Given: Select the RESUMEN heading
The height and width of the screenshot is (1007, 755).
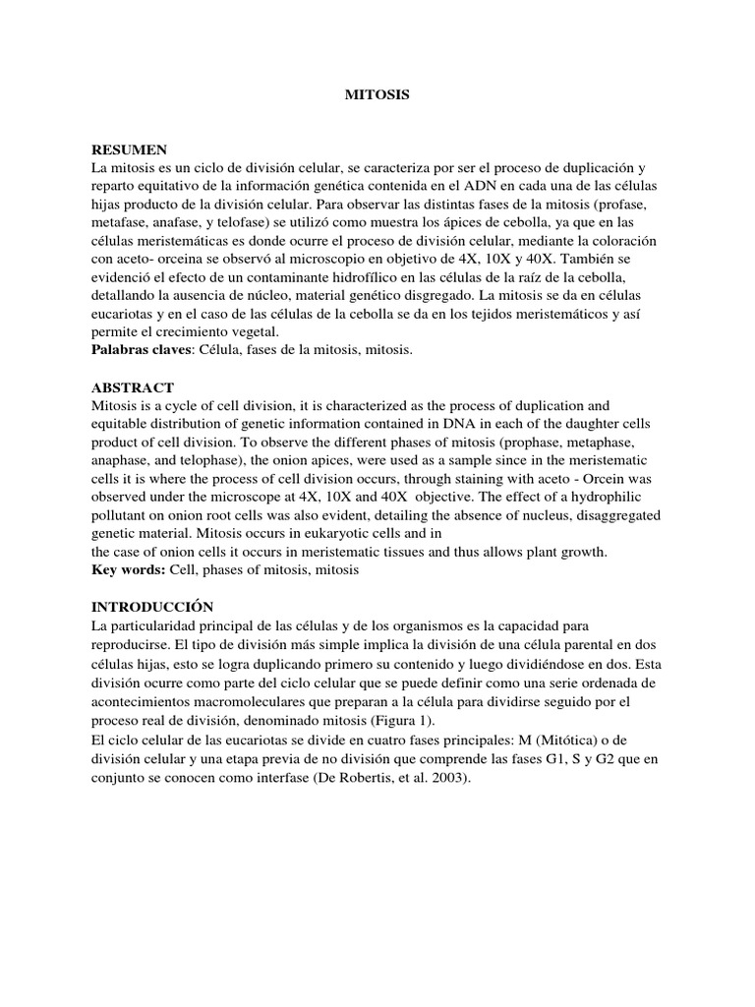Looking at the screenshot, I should coord(129,149).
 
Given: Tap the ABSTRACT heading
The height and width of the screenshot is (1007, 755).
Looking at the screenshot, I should coord(133,387).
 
